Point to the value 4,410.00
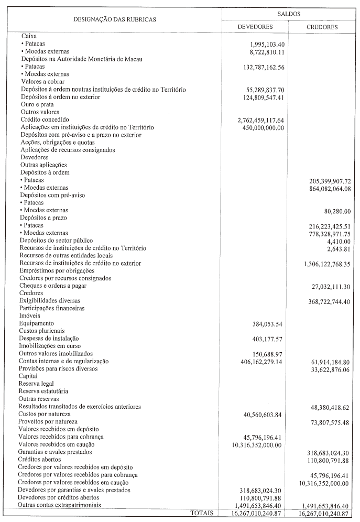337,241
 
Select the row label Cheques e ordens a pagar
53,286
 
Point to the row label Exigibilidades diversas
50,301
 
